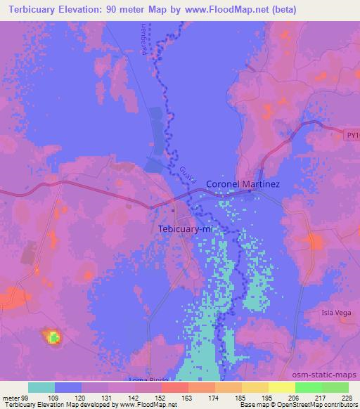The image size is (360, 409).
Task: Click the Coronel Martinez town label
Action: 243,184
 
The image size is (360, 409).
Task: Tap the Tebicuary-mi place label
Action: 185,229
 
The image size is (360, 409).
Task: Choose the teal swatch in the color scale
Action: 41,387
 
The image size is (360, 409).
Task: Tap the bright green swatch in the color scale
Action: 308,387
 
